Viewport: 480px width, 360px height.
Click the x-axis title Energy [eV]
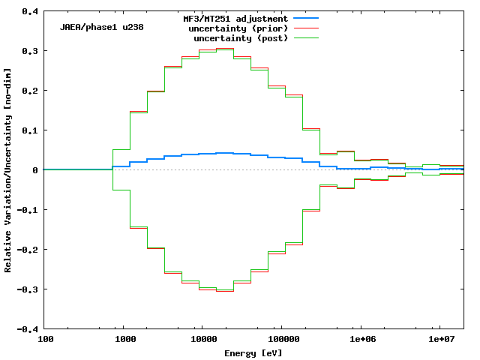coord(253,352)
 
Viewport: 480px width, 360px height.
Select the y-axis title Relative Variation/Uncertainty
coord(8,170)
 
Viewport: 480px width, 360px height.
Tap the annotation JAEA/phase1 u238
coord(102,27)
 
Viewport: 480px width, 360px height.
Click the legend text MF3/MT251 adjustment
coord(235,18)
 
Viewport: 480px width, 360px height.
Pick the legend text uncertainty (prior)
coord(241,28)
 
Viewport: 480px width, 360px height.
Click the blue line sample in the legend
coord(307,18)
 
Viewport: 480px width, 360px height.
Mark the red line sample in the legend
coord(307,28)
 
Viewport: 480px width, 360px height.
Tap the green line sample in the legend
coord(307,37)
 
